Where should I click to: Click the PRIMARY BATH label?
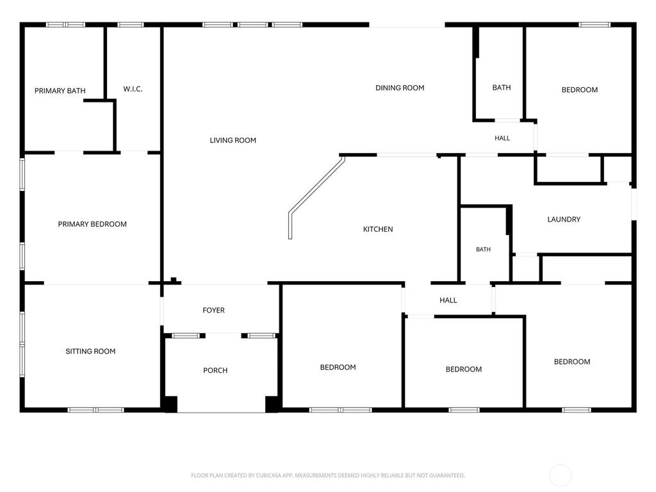click(60, 91)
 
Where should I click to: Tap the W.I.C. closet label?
click(133, 89)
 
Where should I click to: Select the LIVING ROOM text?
click(233, 140)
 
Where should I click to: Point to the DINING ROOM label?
click(400, 88)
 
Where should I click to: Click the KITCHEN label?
click(378, 229)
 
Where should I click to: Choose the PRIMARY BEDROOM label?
click(92, 224)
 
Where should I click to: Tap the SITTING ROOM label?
click(90, 352)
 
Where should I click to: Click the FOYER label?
click(213, 310)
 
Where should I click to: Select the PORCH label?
click(215, 370)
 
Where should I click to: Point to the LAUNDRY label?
click(564, 219)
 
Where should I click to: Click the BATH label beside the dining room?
click(502, 87)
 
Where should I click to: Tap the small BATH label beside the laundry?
click(483, 249)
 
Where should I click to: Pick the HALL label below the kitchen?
click(448, 300)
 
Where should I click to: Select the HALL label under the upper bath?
click(502, 138)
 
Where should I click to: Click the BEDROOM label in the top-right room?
click(579, 90)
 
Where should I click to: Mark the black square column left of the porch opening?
click(170, 404)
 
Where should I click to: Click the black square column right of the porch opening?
click(272, 404)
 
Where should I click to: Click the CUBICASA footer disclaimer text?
click(328, 475)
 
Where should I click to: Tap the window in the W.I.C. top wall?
click(131, 25)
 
